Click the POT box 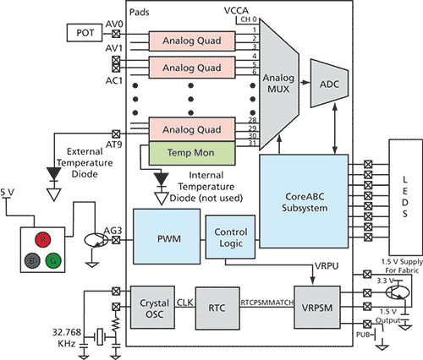point(85,33)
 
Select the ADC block point(329,84)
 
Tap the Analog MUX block point(278,84)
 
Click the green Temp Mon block point(192,153)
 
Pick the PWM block point(167,237)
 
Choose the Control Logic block point(230,237)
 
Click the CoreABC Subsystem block point(304,201)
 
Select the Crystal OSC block point(152,308)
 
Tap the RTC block point(217,308)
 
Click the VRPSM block point(317,308)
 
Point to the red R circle point(43,240)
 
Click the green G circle point(53,260)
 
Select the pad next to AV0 point(116,34)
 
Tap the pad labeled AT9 point(116,134)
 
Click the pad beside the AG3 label point(116,240)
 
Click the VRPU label point(327,266)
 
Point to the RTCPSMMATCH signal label point(267,303)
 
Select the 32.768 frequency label point(67,332)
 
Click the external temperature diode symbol point(53,174)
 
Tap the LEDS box point(405,197)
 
